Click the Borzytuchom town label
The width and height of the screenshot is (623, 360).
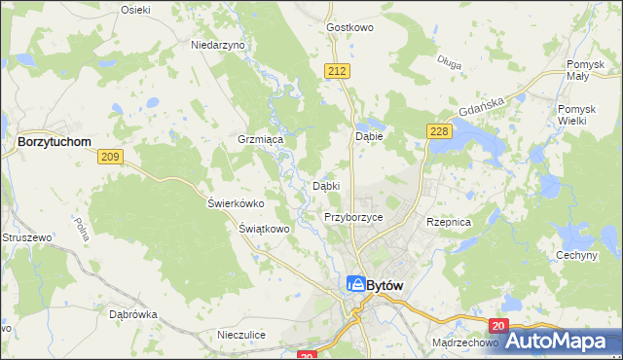coord(55,141)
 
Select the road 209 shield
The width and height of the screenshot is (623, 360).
coord(110,157)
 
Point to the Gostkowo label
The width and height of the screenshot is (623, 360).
coord(351,27)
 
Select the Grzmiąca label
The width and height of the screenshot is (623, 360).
coord(260,139)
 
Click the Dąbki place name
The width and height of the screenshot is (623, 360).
coord(325,185)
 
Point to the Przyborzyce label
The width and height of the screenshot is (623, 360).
coord(353,217)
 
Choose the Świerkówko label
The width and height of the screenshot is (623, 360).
coord(237,203)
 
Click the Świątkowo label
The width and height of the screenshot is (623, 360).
coord(265,229)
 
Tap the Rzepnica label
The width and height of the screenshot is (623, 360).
coord(449,222)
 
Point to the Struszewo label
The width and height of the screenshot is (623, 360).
coord(25,236)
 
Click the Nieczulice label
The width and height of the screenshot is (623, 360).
coord(242,335)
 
